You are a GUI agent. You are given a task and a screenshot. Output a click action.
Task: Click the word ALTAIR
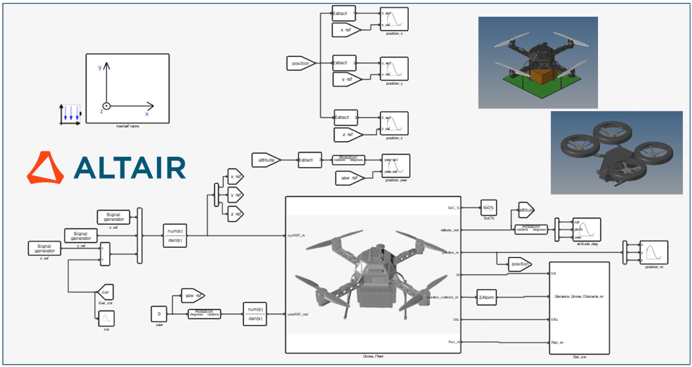coord(130,168)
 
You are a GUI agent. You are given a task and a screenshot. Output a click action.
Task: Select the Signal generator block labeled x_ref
coord(113,217)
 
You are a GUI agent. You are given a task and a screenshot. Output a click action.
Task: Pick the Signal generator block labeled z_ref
coord(44,248)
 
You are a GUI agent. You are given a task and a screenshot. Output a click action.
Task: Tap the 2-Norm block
coord(485,297)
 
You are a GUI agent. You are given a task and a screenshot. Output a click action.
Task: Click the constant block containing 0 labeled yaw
coord(159,314)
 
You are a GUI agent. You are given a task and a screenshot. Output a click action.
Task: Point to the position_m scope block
coord(653,252)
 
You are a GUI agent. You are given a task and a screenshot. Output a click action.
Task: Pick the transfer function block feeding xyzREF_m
coord(174,235)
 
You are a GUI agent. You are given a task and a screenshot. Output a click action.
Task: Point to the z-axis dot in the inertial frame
coord(106,106)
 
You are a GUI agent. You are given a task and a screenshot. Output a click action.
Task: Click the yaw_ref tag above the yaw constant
coord(193,296)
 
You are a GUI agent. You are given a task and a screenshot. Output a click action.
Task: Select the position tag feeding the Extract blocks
coord(301,63)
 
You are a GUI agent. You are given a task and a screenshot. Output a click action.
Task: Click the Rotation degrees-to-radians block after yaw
coord(205,314)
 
